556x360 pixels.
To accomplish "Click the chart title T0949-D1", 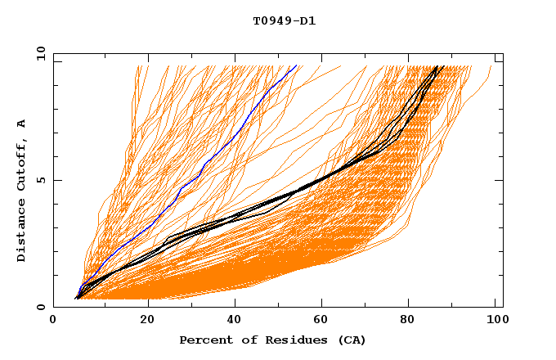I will tap(285, 20).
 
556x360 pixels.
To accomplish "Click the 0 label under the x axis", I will tap(53, 321).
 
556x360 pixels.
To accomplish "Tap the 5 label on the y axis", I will tap(40, 180).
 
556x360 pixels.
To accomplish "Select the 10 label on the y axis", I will tap(37, 53).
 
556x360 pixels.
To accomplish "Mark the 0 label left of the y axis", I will tap(40, 307).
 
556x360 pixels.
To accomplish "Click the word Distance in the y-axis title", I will tap(21, 234).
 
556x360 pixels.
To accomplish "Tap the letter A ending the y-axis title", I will tap(21, 124).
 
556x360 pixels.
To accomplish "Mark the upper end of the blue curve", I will tap(297, 66).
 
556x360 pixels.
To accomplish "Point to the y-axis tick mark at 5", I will tap(56, 180).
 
